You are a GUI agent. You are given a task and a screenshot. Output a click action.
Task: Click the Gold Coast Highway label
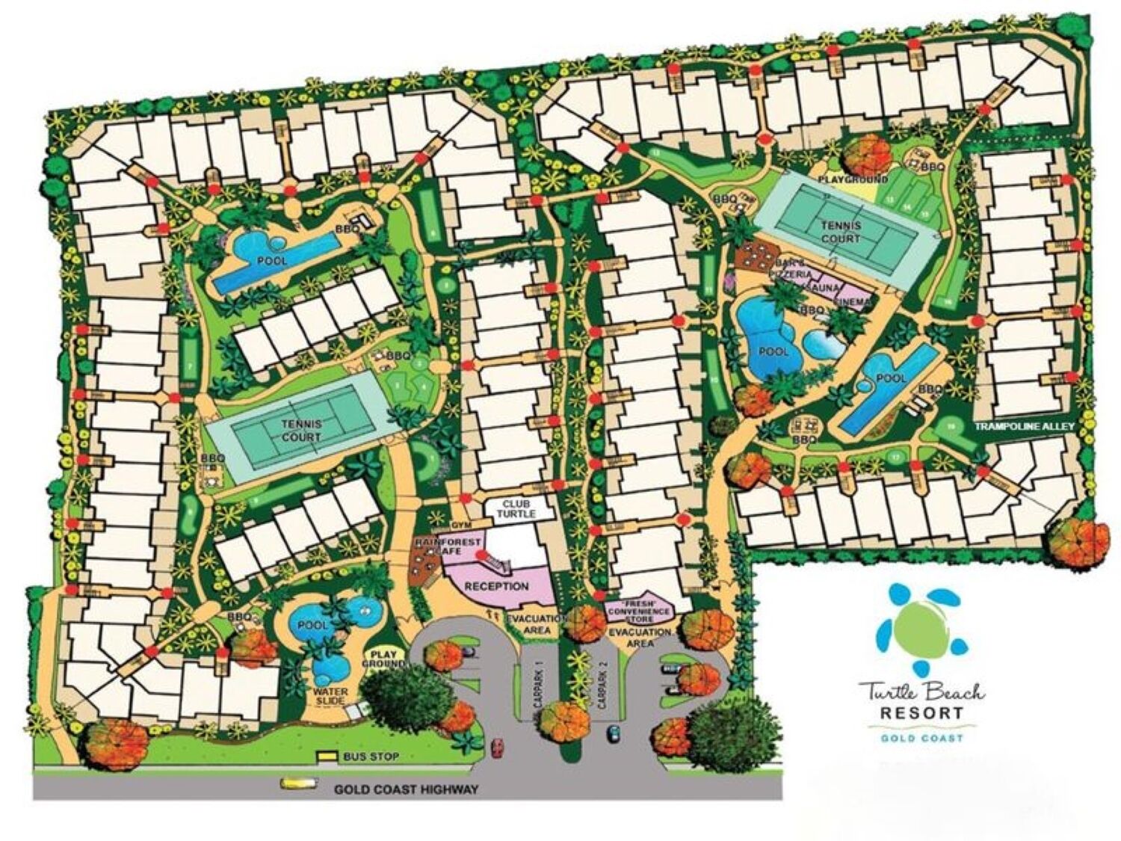point(405,789)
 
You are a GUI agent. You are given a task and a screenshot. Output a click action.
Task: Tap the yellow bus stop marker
point(327,757)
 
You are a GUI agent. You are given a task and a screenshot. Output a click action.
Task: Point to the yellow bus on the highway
point(294,783)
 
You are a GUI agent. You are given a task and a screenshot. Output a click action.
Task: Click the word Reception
point(496,586)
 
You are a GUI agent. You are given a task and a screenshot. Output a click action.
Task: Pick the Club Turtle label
point(519,509)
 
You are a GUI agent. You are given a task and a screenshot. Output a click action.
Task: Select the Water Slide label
point(329,697)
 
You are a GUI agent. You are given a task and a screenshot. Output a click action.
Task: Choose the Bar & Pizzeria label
point(786,270)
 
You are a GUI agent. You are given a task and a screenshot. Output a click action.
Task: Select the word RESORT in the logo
point(921,712)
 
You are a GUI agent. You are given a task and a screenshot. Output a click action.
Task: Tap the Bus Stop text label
point(371,757)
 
